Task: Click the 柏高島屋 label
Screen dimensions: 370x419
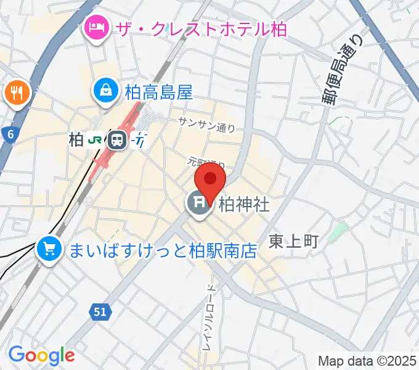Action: point(158,92)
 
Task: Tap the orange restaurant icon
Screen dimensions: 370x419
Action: point(16,93)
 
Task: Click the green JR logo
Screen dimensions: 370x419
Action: point(95,140)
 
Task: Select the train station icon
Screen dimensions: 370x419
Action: point(116,140)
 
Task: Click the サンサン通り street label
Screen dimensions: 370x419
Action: point(206,125)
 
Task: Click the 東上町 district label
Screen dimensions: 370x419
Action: point(293,241)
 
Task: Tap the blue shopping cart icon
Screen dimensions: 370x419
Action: point(49,249)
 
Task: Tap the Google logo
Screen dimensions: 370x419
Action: point(41,355)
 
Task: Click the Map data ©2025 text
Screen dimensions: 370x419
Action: point(367,360)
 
